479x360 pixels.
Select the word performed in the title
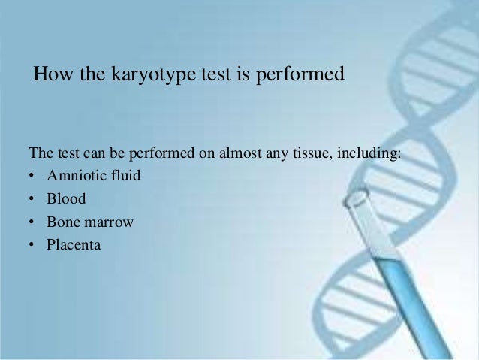(303, 76)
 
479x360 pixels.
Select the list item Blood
(66, 199)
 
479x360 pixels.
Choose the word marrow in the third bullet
(108, 222)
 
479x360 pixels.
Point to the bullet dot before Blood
(32, 200)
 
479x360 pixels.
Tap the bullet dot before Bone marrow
(32, 222)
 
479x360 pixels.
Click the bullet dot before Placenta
(32, 245)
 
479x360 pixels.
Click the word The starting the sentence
(41, 155)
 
